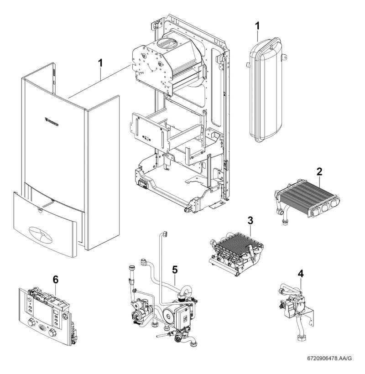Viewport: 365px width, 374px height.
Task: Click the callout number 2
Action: coord(320,172)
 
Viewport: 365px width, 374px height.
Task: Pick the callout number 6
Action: coord(55,280)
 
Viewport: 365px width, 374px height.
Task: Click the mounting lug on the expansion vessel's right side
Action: coord(285,58)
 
